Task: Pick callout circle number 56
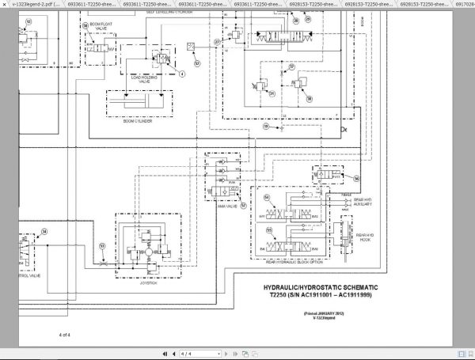coord(355,179)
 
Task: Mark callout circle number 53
coord(101,245)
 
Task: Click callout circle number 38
coord(44,232)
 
